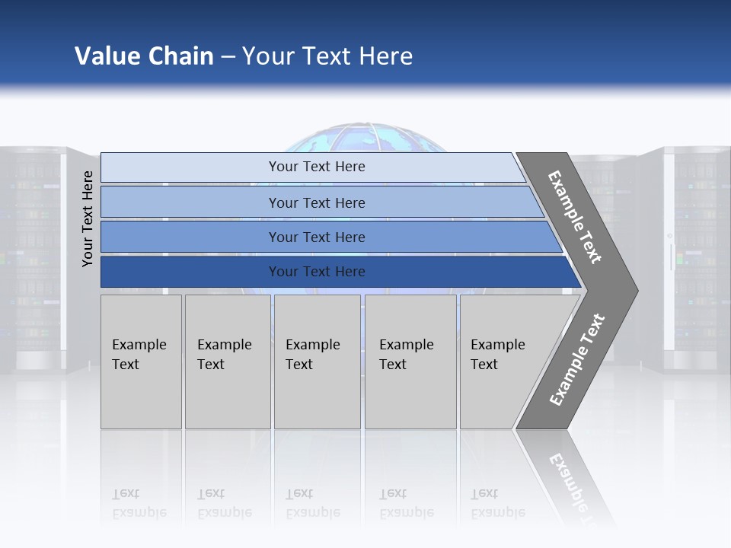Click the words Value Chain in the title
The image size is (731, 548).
[x=144, y=56]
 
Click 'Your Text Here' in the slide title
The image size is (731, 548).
[x=327, y=56]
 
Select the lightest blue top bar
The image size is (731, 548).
[x=316, y=167]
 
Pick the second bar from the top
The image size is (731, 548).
[x=316, y=202]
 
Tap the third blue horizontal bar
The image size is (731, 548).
[x=316, y=237]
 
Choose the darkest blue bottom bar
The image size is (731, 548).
[x=316, y=272]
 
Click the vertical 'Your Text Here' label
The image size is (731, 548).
[x=88, y=218]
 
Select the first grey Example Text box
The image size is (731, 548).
[x=141, y=361]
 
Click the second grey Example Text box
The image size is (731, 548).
[x=227, y=361]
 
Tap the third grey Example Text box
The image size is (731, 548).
[x=316, y=361]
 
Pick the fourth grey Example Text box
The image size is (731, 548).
[x=410, y=361]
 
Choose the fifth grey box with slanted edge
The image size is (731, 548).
[x=503, y=361]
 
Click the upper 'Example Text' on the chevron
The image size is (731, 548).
[x=575, y=217]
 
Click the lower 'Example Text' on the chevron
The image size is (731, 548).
[x=577, y=359]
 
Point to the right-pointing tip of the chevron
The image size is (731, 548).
[x=635, y=290]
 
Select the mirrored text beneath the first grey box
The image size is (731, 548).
[x=139, y=503]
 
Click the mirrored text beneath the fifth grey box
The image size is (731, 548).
[x=498, y=503]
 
